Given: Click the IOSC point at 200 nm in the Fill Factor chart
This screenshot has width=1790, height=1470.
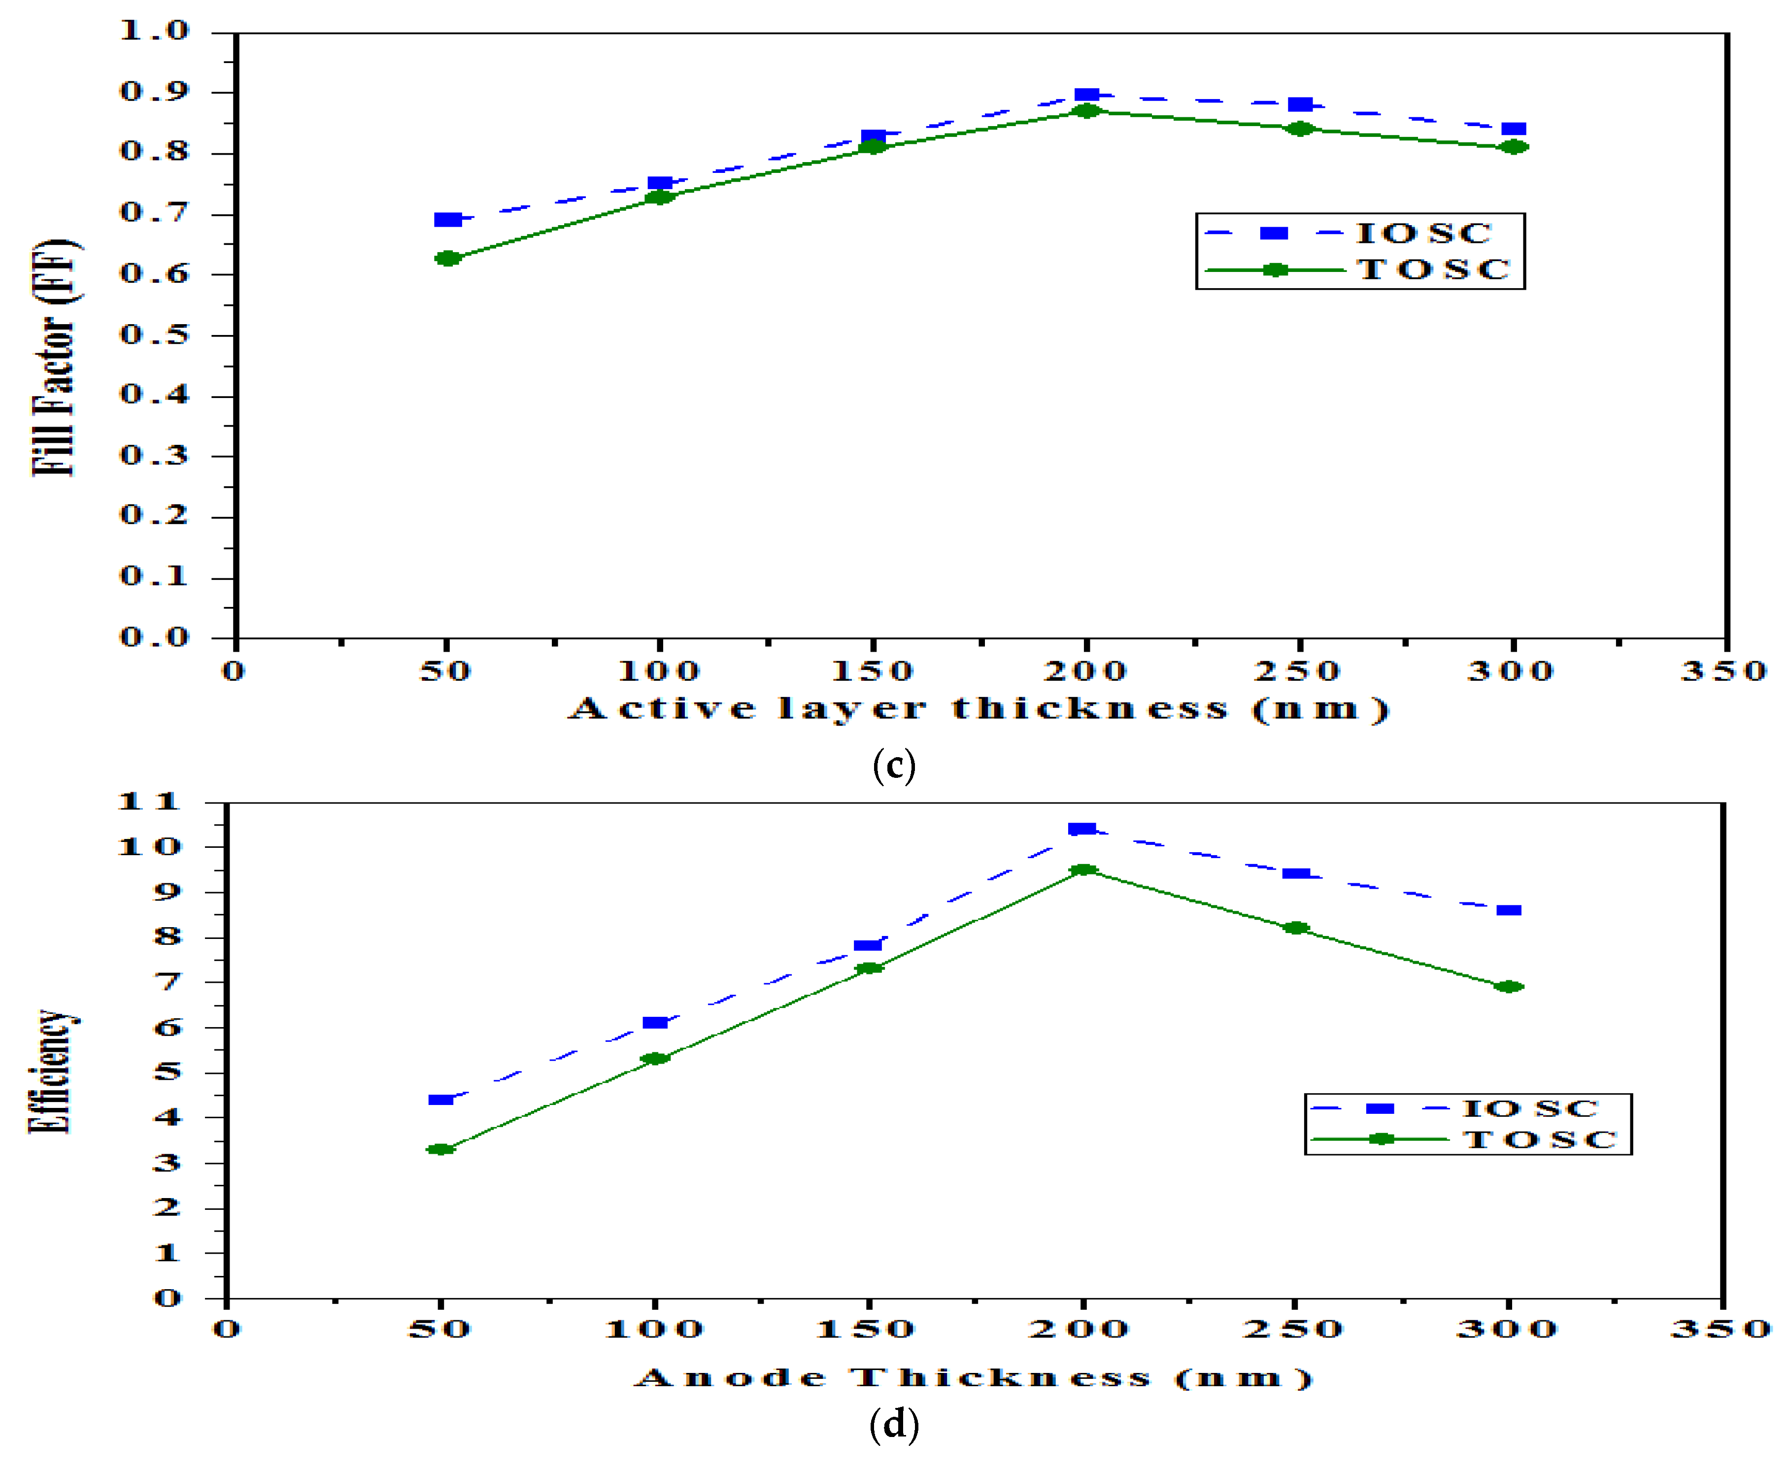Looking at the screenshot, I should point(1086,95).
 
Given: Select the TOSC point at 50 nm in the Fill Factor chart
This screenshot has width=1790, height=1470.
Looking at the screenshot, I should point(448,258).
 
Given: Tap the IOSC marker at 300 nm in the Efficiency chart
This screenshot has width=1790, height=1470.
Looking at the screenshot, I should point(1509,910).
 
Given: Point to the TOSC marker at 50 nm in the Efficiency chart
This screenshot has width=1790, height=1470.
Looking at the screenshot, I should point(440,1149).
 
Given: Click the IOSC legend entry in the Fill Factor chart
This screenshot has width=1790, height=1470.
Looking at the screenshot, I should point(1422,233).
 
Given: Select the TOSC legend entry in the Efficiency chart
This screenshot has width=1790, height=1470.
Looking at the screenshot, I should point(1539,1140).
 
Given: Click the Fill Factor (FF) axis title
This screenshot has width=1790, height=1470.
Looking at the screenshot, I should point(55,360).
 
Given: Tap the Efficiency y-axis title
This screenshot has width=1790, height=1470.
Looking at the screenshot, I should point(51,1071).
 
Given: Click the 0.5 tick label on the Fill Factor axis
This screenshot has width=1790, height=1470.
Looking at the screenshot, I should point(154,334).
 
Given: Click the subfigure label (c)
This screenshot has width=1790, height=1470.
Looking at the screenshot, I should point(893,767).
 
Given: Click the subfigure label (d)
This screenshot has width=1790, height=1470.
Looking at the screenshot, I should point(893,1425).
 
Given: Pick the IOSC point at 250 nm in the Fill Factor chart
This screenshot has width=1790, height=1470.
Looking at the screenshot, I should point(1300,104).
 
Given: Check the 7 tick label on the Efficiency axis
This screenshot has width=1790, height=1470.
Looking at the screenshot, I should point(168,982).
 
